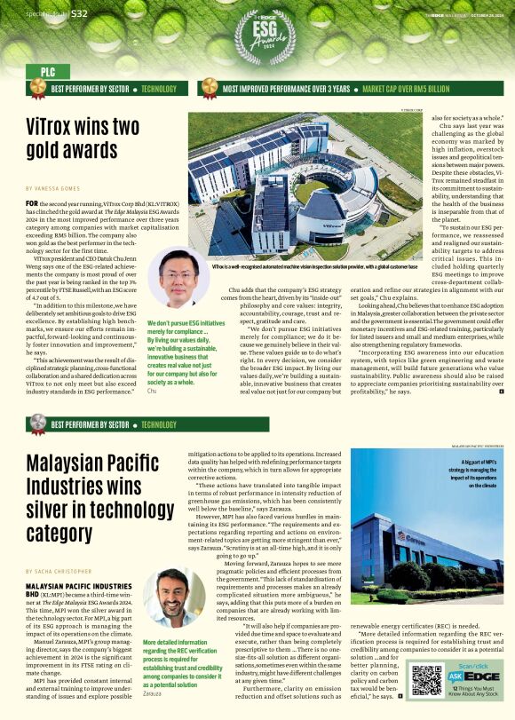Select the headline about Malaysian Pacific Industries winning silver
click(x=92, y=496)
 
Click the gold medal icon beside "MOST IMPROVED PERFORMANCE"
click(x=209, y=88)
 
